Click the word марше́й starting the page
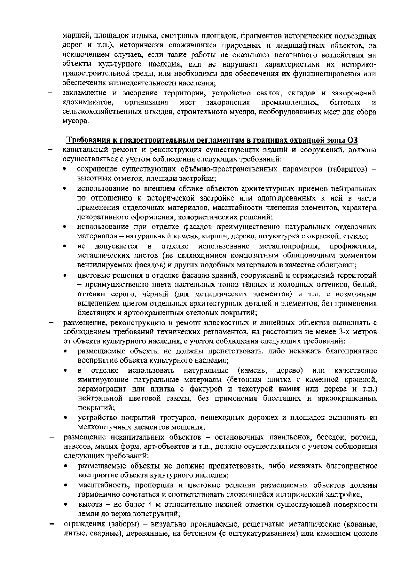(x=76, y=36)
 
